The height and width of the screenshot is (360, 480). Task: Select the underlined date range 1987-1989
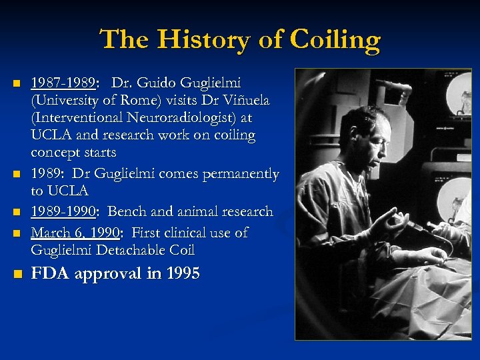pyautogui.click(x=63, y=83)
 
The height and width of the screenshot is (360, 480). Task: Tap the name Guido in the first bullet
pyautogui.click(x=157, y=83)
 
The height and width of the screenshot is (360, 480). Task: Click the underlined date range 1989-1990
pyautogui.click(x=63, y=212)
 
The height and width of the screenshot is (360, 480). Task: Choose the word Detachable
pyautogui.click(x=127, y=250)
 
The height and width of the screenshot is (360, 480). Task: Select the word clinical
pyautogui.click(x=192, y=233)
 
